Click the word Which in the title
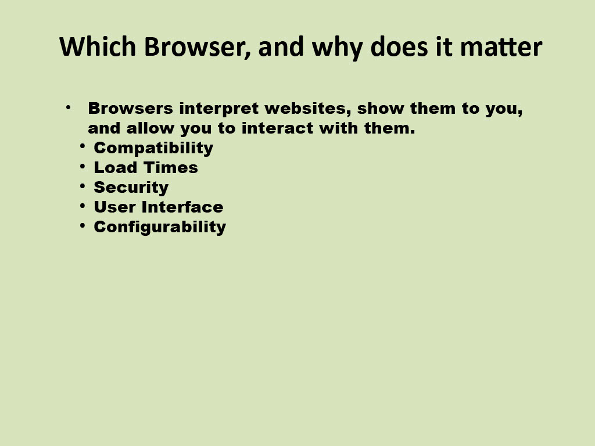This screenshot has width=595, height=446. coord(98,46)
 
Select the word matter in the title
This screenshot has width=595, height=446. coord(501,47)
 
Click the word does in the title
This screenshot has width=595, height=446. coord(399,46)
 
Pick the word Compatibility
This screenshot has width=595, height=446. coord(153,148)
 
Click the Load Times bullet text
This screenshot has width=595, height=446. coord(146,168)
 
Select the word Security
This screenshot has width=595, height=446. coord(131,188)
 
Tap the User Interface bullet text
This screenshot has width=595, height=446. coord(159,207)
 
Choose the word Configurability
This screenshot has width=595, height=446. coord(160,227)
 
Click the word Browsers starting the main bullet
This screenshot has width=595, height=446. coord(131,109)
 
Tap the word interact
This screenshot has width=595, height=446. coord(277,128)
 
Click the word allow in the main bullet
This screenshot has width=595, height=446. coord(150,128)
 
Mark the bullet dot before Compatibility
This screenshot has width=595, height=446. coord(83,146)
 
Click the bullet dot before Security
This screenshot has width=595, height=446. coord(83,185)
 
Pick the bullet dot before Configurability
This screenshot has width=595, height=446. coord(83,225)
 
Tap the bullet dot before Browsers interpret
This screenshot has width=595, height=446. coord(69,107)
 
